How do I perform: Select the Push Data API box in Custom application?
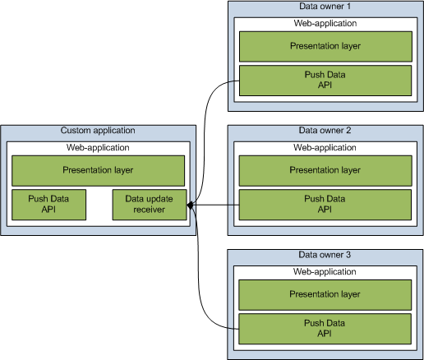tap(48, 205)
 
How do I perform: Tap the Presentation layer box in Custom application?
tap(98, 170)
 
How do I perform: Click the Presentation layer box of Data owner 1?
tap(325, 46)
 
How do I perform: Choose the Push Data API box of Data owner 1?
tap(325, 80)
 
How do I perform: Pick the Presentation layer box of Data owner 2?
tap(325, 170)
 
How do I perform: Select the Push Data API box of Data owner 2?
tap(325, 204)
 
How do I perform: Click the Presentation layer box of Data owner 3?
tap(325, 293)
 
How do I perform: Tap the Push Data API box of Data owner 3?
tap(325, 328)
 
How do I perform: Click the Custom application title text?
tap(98, 131)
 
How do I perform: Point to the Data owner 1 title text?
tap(325, 7)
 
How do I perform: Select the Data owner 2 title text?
tap(325, 131)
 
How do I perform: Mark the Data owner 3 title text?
tap(325, 255)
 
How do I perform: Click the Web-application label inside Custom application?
tap(98, 147)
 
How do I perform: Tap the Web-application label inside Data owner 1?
tap(325, 24)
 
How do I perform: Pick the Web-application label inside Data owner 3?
tap(325, 271)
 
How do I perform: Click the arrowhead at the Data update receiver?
tap(191, 205)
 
